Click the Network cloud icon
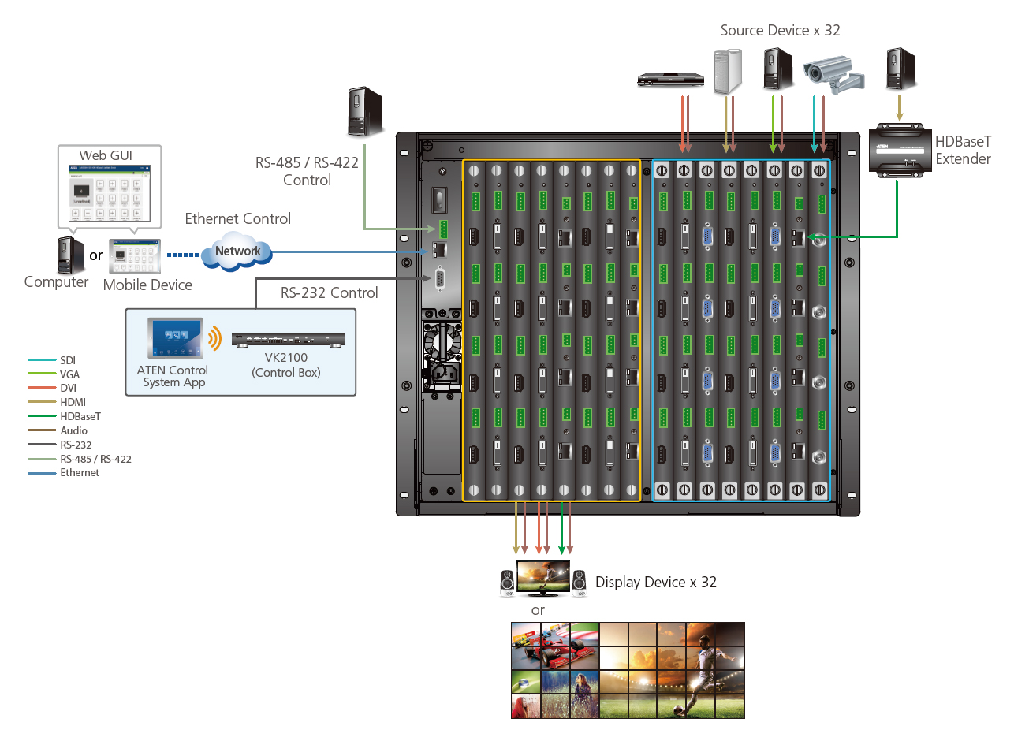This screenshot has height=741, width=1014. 237,251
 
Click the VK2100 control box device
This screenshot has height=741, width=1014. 289,341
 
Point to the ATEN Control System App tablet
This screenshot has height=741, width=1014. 175,338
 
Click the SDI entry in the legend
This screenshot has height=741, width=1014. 68,360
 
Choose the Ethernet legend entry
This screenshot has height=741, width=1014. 80,473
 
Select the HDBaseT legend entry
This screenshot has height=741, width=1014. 80,416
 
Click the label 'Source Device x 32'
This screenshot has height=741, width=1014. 780,31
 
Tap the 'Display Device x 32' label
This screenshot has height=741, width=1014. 655,583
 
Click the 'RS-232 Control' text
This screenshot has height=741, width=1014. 329,293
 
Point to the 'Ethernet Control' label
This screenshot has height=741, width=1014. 237,219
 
